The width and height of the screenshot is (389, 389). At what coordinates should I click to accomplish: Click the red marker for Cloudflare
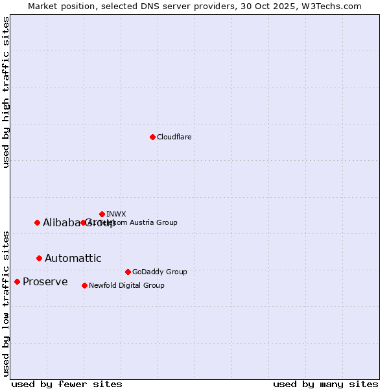(152, 137)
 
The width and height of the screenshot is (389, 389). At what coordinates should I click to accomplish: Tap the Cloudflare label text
(174, 137)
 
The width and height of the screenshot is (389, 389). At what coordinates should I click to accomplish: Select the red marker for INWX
(102, 214)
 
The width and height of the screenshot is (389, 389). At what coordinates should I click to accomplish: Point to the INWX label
(116, 214)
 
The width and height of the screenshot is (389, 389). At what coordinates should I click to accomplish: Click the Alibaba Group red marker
(37, 222)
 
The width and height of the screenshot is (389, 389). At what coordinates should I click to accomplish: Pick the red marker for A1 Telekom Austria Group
(83, 222)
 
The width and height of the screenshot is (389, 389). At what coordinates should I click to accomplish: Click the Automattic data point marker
(39, 258)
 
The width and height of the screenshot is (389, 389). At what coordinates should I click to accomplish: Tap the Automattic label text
(73, 258)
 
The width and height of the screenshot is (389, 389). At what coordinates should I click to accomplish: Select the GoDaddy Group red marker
(128, 272)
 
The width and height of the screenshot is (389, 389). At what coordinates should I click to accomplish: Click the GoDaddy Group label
(159, 272)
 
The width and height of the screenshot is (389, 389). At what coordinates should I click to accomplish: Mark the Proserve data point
(17, 281)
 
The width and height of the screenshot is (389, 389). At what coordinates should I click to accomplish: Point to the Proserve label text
(45, 281)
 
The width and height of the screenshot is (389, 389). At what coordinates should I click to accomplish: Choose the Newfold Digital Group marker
(84, 285)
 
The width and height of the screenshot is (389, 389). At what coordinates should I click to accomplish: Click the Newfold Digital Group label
(126, 285)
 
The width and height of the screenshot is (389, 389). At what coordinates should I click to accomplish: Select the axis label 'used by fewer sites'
(67, 384)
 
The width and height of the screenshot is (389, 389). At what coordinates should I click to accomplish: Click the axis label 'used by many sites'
(325, 384)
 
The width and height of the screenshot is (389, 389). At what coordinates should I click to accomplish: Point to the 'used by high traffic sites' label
(6, 92)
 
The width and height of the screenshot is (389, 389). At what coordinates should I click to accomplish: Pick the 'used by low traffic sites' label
(6, 303)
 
